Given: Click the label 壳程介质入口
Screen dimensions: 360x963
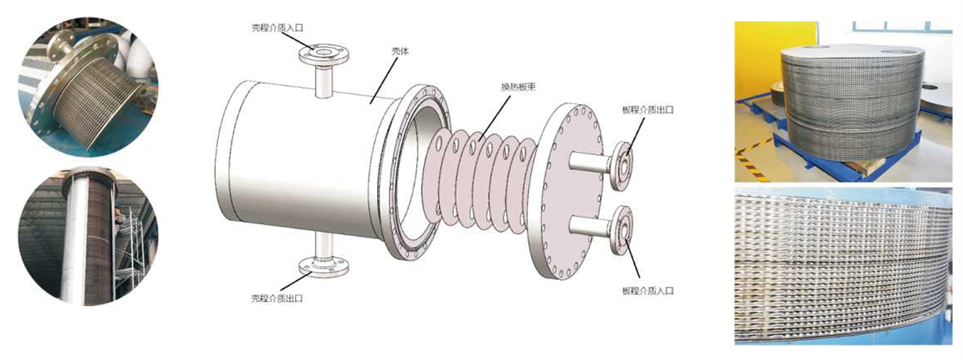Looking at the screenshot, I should tap(277, 27).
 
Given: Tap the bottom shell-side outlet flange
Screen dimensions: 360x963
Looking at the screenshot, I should tap(324, 264).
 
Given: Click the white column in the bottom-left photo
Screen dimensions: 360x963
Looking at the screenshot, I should tap(75, 237).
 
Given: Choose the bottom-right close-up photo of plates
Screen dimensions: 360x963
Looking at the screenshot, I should tap(843, 266).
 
